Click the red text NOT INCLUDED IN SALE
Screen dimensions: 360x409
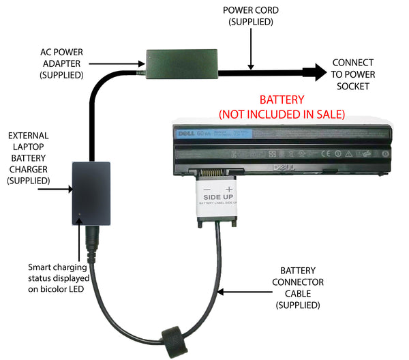[x=282, y=112]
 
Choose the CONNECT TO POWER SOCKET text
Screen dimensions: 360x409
[x=352, y=74]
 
